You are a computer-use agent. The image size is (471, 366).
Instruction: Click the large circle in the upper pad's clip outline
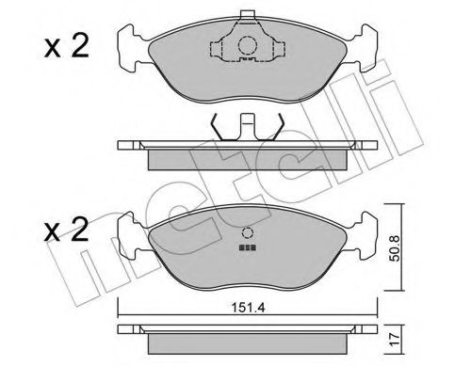246,44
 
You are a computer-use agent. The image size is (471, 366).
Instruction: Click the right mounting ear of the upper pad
364,48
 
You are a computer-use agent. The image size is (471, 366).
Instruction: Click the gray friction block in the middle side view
246,155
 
